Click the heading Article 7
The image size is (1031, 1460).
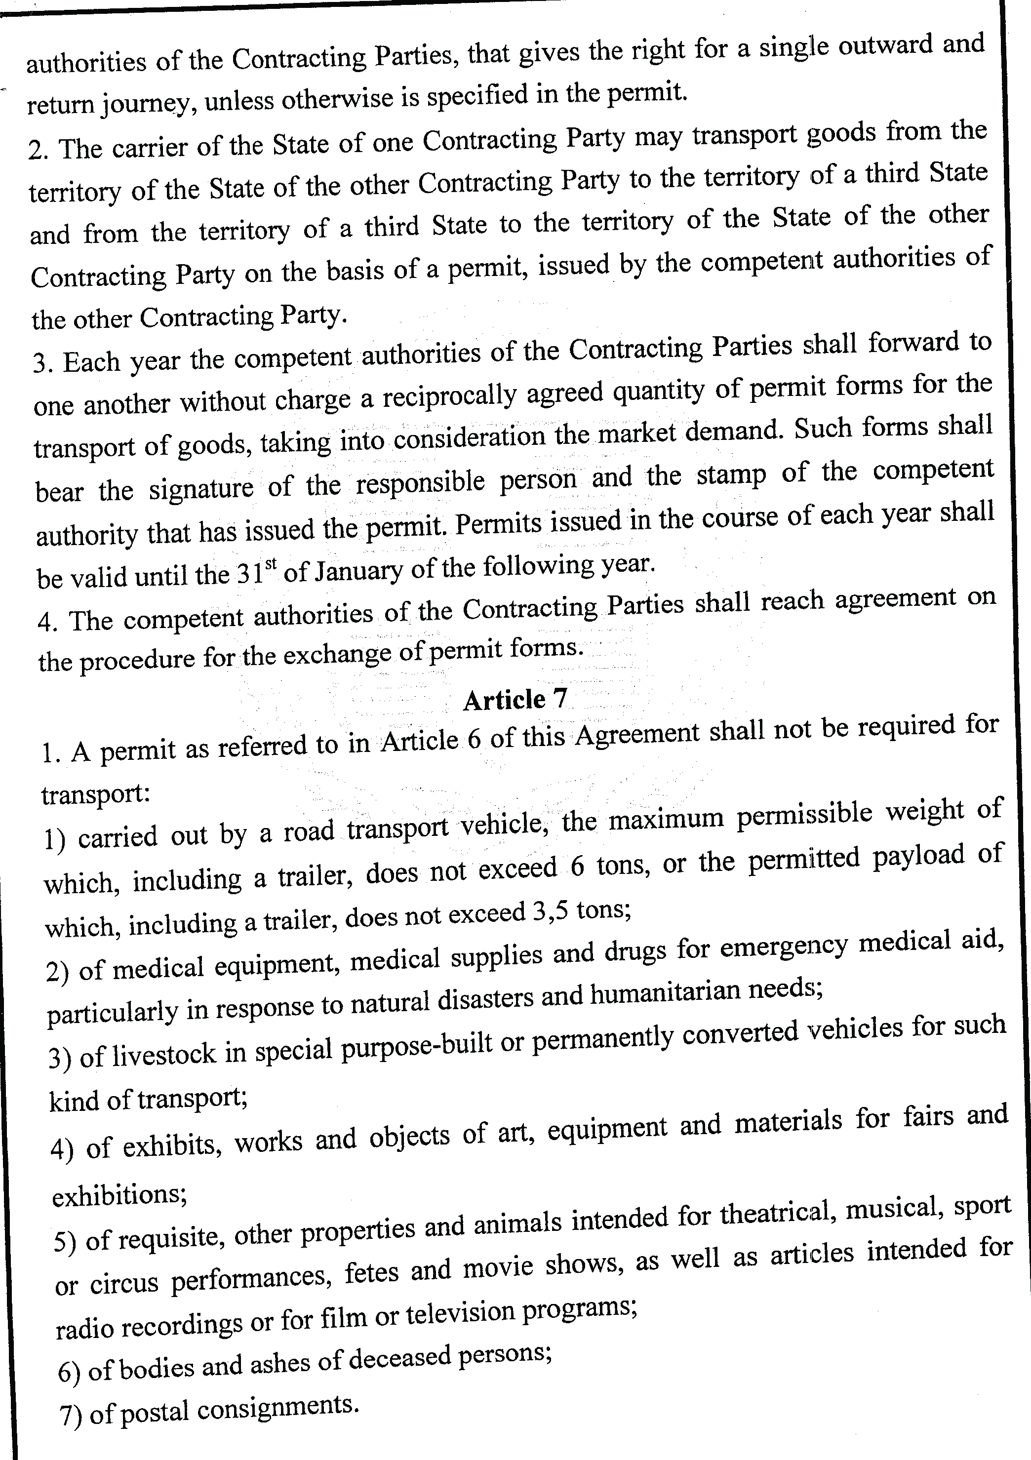point(515,700)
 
